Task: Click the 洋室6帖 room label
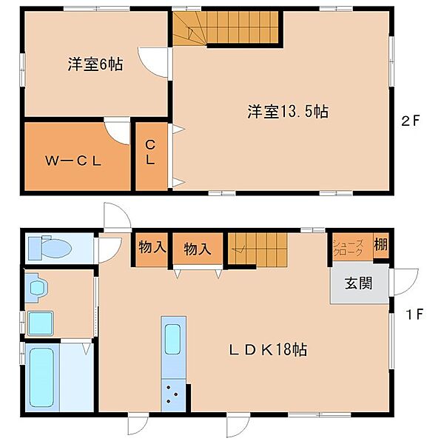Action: click(x=95, y=64)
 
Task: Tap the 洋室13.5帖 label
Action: click(x=288, y=111)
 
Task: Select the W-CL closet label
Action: click(x=73, y=161)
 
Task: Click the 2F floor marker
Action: click(x=410, y=121)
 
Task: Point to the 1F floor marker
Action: click(x=414, y=314)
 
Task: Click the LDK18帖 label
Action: click(x=268, y=350)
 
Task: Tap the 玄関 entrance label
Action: click(x=358, y=283)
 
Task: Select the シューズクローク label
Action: click(x=348, y=248)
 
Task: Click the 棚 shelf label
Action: click(x=380, y=244)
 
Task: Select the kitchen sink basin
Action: click(x=172, y=339)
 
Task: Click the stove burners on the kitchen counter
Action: click(x=172, y=394)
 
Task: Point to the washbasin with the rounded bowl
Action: click(x=38, y=288)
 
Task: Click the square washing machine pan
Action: click(x=40, y=323)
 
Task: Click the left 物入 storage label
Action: click(x=152, y=247)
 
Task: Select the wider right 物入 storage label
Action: click(x=198, y=249)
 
